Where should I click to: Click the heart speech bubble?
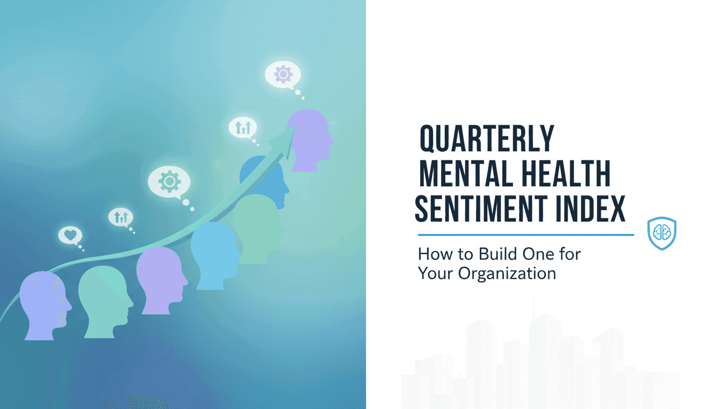click(70, 234)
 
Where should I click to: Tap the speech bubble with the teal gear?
click(169, 182)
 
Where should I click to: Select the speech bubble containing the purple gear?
click(282, 75)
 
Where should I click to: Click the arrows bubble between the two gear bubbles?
click(243, 127)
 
